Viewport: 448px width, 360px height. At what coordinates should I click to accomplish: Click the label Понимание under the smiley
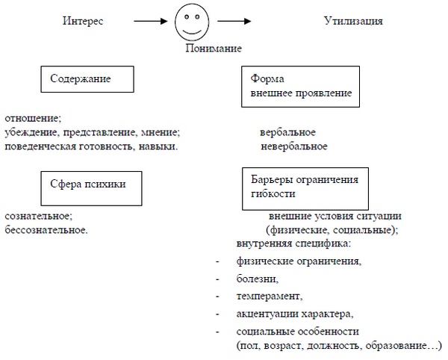[x=214, y=49]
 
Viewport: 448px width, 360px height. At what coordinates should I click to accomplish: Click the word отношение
[x=32, y=118]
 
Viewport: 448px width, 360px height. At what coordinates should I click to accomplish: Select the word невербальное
[x=293, y=146]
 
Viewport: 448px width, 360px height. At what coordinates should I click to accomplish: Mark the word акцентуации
[x=267, y=313]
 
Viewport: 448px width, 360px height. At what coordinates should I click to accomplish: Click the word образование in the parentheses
[x=403, y=346]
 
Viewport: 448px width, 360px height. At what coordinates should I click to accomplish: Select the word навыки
[x=159, y=146]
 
